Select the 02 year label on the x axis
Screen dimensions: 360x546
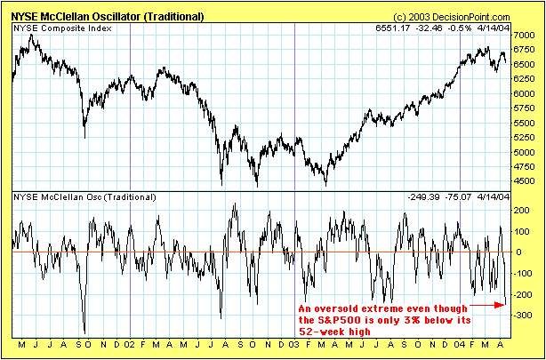click(130, 345)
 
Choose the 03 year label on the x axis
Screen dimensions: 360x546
click(293, 345)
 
